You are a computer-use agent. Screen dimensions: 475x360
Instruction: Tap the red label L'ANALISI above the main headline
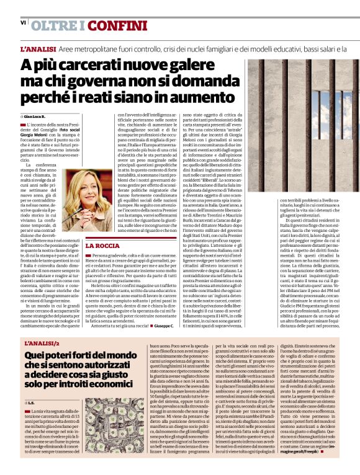point(38,48)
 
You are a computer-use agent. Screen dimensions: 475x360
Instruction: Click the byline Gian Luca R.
point(36,117)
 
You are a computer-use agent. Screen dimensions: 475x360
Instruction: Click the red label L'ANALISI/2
point(42,342)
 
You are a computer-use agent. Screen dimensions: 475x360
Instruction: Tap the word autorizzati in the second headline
point(110,366)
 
